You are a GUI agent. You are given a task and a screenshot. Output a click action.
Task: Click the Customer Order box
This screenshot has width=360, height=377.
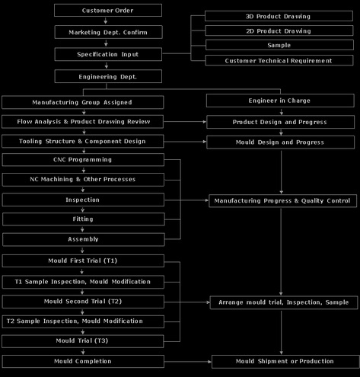pos(108,11)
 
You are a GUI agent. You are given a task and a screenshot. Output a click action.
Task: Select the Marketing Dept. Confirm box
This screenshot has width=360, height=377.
pos(108,32)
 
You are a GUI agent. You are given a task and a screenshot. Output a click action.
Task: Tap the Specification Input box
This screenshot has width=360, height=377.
pos(108,54)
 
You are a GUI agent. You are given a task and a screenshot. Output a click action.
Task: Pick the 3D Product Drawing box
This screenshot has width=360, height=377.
pos(279,16)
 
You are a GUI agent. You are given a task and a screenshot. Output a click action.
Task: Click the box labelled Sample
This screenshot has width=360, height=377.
pos(279,45)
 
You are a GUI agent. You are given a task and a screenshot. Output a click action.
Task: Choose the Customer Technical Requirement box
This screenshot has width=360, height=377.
pos(279,60)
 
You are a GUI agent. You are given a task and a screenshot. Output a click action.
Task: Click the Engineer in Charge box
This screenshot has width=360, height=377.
pos(280,101)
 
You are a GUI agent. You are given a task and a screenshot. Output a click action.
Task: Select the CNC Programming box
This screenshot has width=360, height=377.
pos(83,160)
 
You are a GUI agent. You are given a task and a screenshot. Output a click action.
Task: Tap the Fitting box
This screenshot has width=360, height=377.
pos(84,219)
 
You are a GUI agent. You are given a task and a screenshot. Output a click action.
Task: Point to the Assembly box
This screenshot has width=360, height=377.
pos(84,239)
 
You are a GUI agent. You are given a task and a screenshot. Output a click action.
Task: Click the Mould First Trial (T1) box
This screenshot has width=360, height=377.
pos(83,260)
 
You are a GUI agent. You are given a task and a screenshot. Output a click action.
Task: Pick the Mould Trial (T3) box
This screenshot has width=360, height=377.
pos(83,341)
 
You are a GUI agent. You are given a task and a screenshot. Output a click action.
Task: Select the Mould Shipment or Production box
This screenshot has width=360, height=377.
pos(285,361)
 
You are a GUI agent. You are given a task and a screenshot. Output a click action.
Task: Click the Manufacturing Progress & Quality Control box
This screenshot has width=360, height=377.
pos(282,201)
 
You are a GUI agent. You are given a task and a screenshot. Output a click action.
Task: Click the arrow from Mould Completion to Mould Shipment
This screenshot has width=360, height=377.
pos(188,362)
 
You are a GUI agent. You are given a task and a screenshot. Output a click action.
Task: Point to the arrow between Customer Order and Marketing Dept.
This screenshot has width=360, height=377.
pos(106,21)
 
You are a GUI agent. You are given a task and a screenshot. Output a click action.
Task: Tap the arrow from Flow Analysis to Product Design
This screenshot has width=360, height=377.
pos(185,122)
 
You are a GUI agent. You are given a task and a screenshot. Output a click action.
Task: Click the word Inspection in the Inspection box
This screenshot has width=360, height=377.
pos(82,200)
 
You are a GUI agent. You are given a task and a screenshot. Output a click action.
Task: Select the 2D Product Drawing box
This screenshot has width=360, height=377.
pos(279,30)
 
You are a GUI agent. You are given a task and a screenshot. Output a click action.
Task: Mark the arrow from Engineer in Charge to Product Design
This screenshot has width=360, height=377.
pos(281,111)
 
